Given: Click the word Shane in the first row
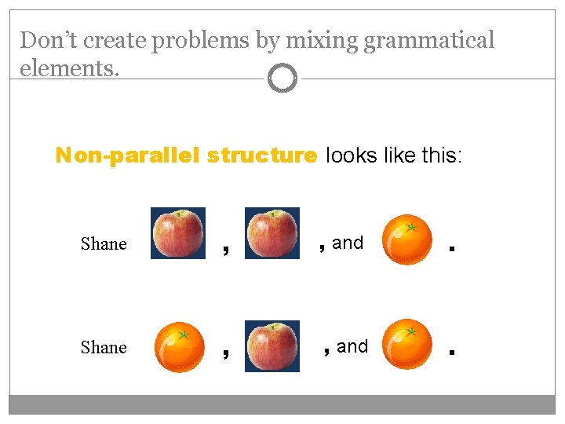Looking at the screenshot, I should pos(104,243).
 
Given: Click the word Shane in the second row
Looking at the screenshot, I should pos(104,347).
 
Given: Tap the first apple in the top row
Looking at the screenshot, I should pos(178,233).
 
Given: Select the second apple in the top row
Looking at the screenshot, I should pos(272,233).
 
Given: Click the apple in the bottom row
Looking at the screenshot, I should pos(272,345).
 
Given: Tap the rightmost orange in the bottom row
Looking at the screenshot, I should pos(406,344).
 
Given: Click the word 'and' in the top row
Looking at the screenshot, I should pos(348,243).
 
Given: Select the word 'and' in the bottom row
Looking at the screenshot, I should pos(352,346).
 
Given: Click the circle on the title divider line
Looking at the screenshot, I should pos(282,79).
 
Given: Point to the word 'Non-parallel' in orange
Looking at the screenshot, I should pos(129,155).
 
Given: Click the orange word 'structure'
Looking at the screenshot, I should pos(262,155).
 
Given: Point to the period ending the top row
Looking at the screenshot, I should pos(451,250).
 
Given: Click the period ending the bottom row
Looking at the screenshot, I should pos(451,353).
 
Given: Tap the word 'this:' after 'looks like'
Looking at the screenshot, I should pos(443,155).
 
